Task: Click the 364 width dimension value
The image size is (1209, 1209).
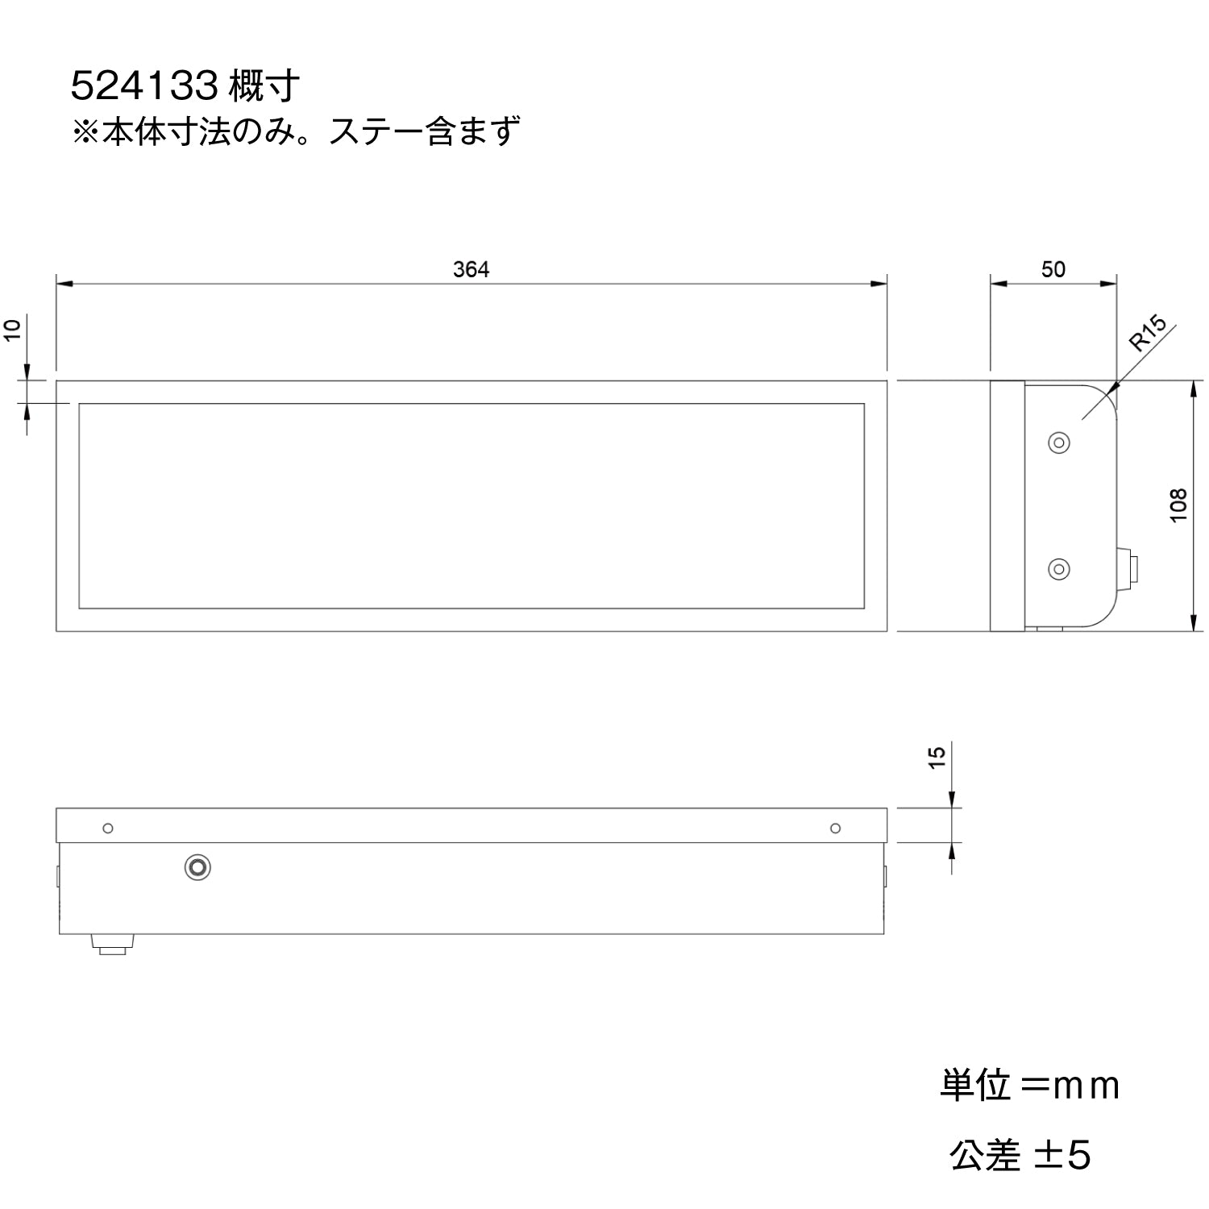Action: [471, 269]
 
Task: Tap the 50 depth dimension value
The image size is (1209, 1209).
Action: [1053, 269]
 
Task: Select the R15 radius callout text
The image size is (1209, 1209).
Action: [1148, 334]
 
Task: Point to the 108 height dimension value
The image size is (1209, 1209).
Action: [1178, 505]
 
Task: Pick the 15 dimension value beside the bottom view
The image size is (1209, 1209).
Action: [937, 757]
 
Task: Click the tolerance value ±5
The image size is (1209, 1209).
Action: [1062, 1155]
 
